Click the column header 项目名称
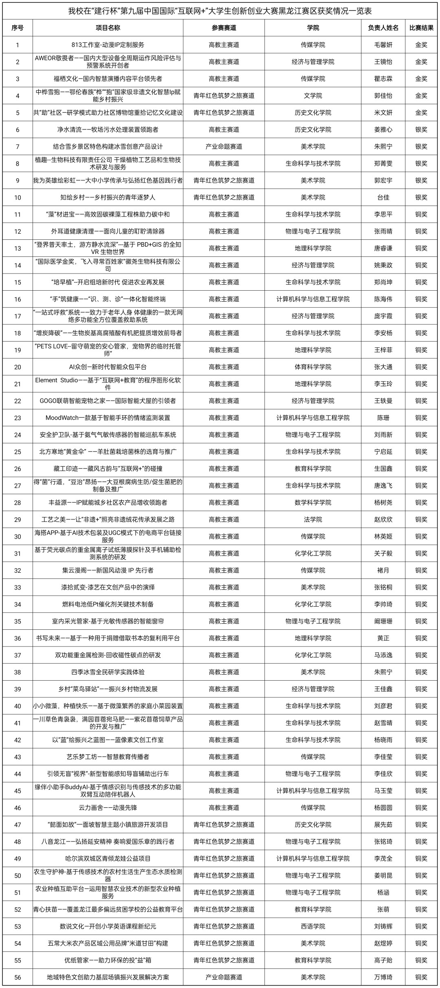coord(108,28)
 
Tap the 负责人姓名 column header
coord(383,28)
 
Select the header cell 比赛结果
coord(421,28)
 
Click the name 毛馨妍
coord(383,45)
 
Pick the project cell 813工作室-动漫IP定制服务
coord(108,45)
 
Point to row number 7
coord(18,147)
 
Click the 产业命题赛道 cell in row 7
coord(224,147)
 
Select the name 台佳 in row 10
coord(383,197)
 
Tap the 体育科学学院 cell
coord(313,367)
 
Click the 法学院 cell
coord(313,519)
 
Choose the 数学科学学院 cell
coord(313,502)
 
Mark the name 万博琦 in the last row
coord(383,977)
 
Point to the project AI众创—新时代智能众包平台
coord(108,367)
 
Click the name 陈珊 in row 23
coord(383,418)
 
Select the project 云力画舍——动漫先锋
coord(108,808)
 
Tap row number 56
coord(18,977)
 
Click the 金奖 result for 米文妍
coord(421,113)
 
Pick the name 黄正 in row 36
coord(383,638)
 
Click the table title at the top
coord(220,11)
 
